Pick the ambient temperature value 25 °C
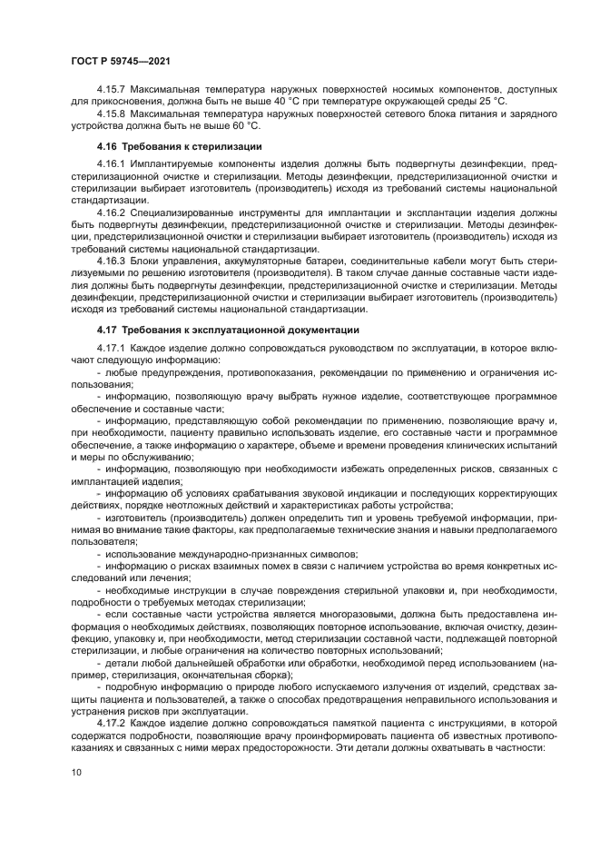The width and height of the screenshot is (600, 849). [x=490, y=102]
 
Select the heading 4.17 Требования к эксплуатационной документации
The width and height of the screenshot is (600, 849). [x=227, y=330]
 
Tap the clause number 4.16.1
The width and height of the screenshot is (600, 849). [x=112, y=164]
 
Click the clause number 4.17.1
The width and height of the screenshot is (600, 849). [x=112, y=349]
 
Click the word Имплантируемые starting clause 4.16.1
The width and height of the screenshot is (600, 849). [x=175, y=164]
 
